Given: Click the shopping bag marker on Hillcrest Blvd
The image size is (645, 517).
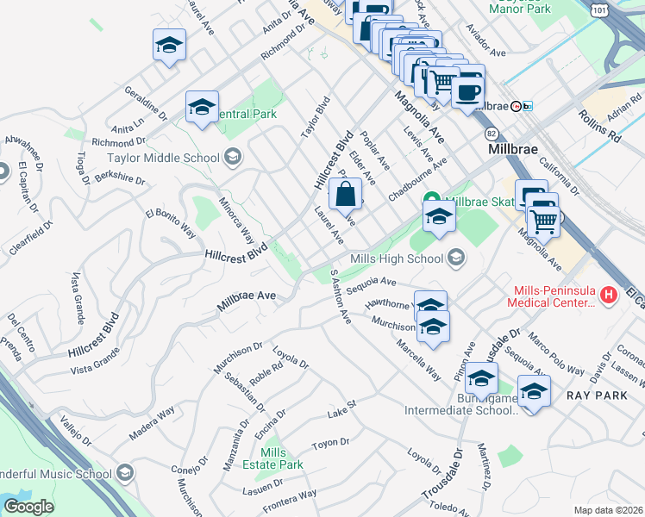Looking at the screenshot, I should point(345,194).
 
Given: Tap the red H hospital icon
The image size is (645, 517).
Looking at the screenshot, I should point(610,296).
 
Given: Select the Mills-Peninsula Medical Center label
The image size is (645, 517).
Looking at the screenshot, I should point(554,296).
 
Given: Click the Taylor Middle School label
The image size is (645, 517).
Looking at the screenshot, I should point(163,158).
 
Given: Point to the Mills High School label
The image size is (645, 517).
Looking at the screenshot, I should point(397,258).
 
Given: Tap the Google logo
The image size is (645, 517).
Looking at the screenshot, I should point(28,507).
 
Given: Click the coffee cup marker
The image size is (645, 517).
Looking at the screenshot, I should point(468,90).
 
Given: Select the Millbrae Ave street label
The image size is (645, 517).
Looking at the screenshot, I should point(246,296).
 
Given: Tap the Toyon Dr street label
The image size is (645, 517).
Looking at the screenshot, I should point(330,442).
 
